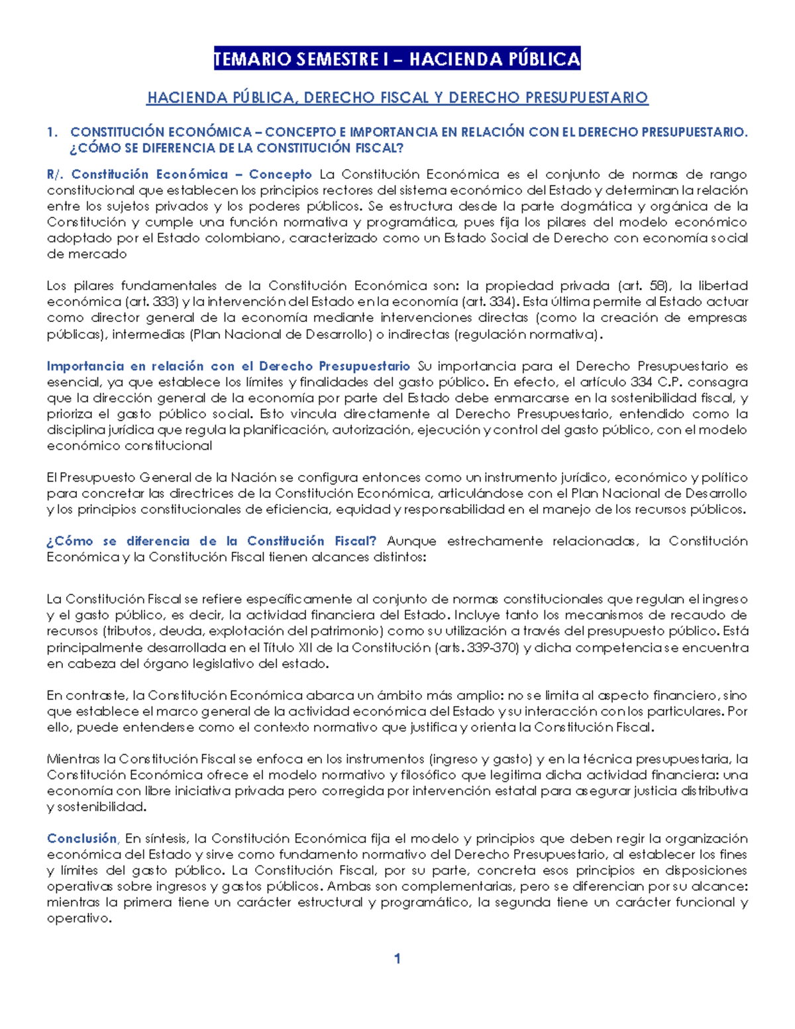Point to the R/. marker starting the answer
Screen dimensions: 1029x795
coord(55,174)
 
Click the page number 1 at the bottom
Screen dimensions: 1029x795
coord(397,958)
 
